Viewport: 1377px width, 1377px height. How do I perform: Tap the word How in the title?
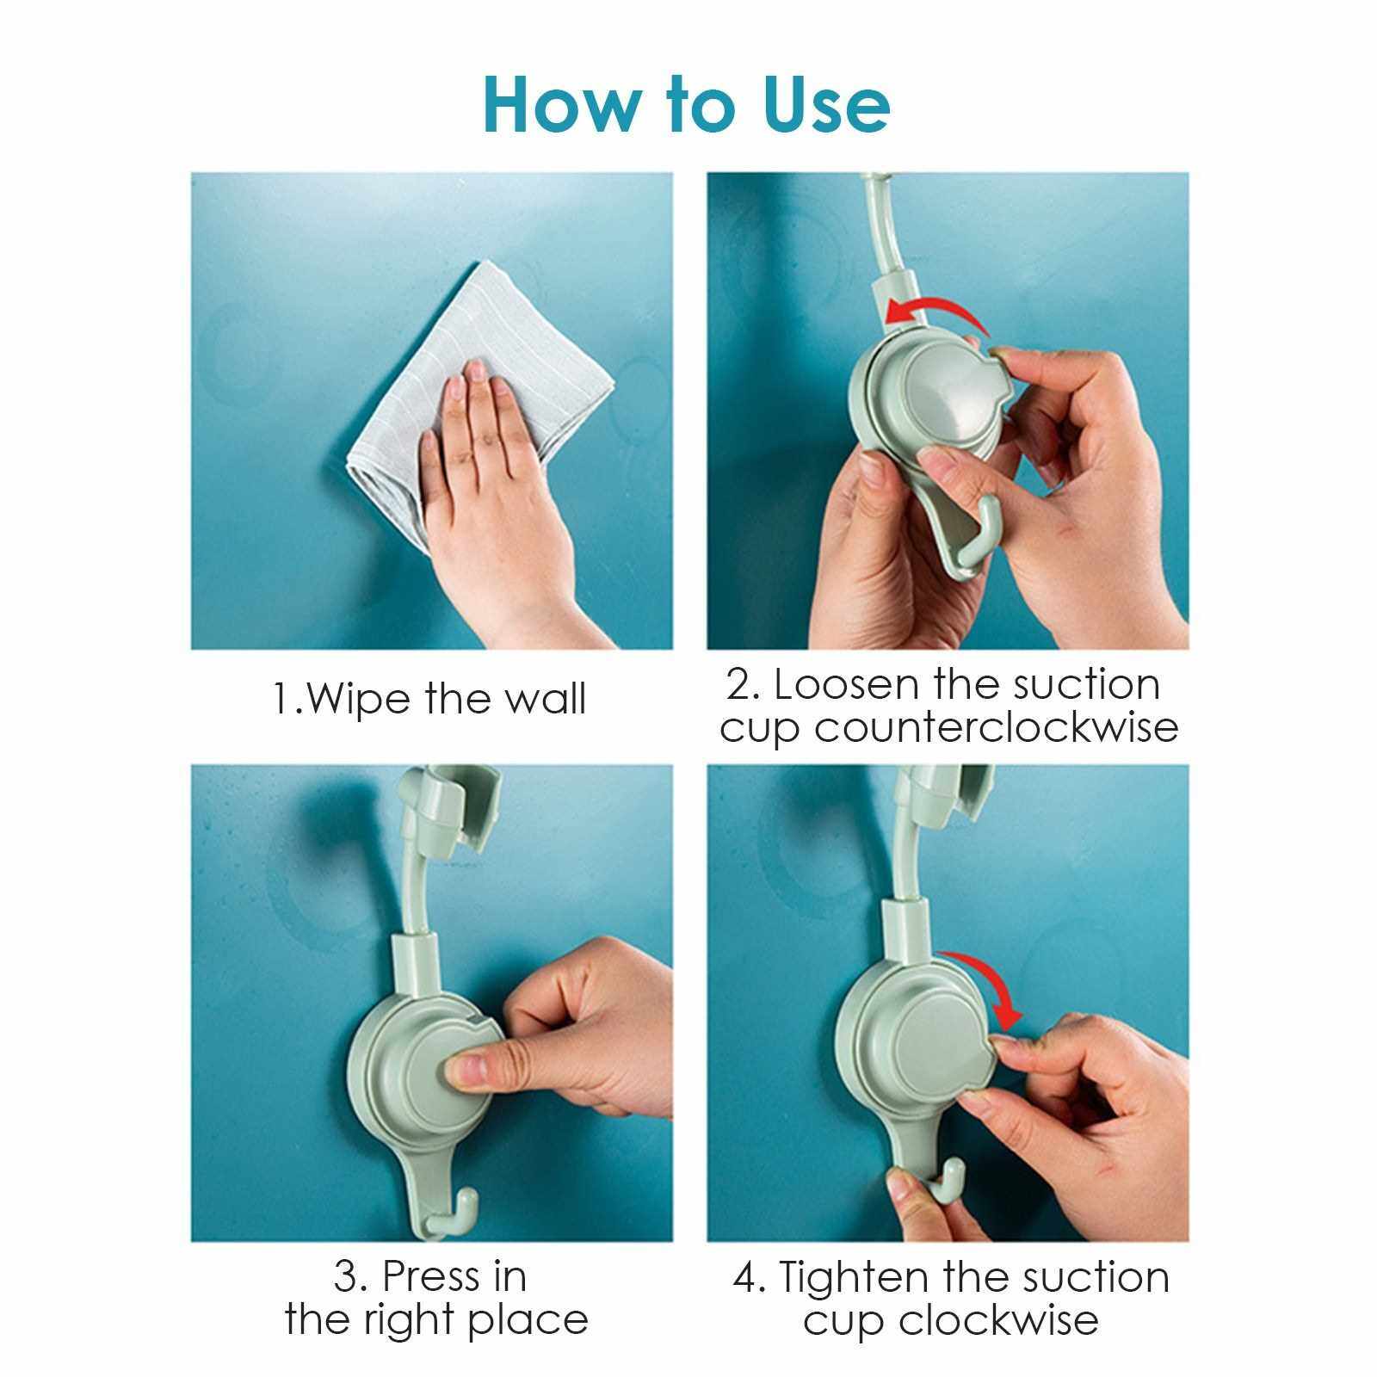(559, 105)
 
